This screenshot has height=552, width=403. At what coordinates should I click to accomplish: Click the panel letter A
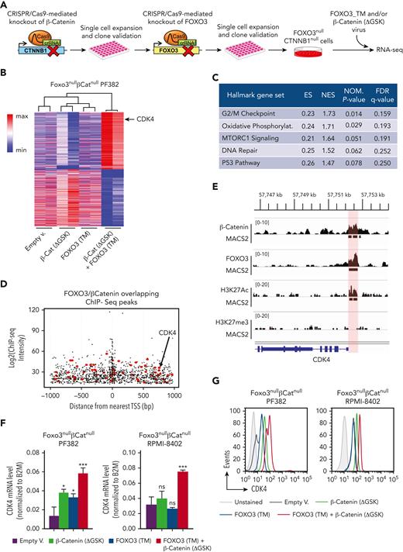point(5,6)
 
